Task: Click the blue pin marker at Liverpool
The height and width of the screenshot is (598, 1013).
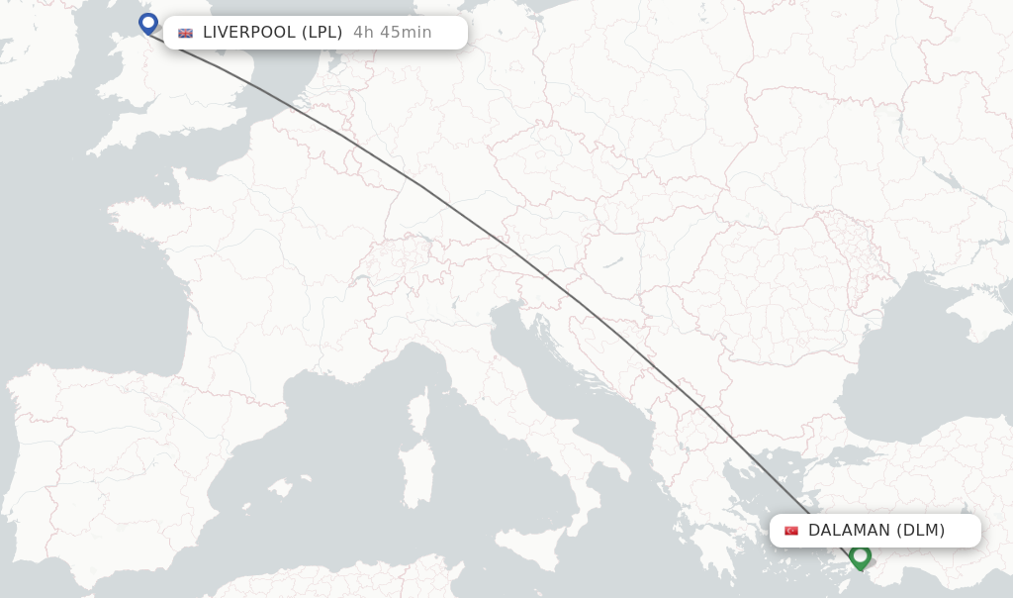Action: pyautogui.click(x=148, y=22)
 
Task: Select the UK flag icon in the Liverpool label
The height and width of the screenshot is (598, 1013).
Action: pyautogui.click(x=185, y=33)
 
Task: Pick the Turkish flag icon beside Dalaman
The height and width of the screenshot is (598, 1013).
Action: pyautogui.click(x=791, y=531)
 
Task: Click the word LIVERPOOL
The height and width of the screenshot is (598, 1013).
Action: pyautogui.click(x=248, y=32)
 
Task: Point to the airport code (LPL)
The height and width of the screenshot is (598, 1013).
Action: pyautogui.click(x=322, y=32)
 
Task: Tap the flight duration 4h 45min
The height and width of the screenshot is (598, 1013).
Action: pyautogui.click(x=393, y=32)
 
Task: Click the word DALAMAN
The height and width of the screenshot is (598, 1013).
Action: pyautogui.click(x=850, y=531)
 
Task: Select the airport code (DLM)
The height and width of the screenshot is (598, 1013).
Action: pyautogui.click(x=920, y=531)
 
